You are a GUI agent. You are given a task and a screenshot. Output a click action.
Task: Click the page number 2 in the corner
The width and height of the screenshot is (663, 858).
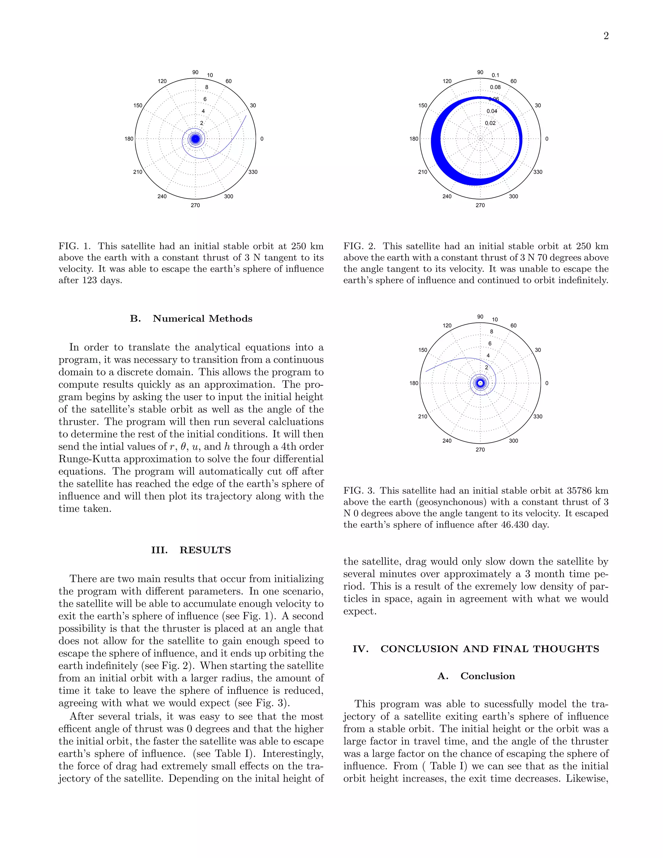pyautogui.click(x=606, y=36)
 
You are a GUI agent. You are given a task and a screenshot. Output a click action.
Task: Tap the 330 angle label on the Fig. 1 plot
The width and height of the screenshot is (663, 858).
pyautogui.click(x=253, y=172)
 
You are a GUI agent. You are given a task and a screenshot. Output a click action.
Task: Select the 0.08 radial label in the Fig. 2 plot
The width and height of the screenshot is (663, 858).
pyautogui.click(x=495, y=87)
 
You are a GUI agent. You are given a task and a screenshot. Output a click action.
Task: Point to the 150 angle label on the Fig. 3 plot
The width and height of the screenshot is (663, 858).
pyautogui.click(x=422, y=350)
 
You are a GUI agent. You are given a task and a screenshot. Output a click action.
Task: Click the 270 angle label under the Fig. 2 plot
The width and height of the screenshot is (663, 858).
pyautogui.click(x=480, y=205)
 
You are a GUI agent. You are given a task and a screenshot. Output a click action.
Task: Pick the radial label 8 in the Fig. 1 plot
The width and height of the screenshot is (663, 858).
pyautogui.click(x=207, y=87)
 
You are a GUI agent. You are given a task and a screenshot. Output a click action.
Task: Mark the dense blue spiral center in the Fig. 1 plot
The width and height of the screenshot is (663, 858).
pyautogui.click(x=195, y=139)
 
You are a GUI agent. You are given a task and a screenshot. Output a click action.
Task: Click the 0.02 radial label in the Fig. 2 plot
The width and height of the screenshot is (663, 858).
pyautogui.click(x=490, y=123)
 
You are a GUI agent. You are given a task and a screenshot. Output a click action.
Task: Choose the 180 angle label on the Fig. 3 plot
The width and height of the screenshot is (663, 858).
pyautogui.click(x=414, y=383)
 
